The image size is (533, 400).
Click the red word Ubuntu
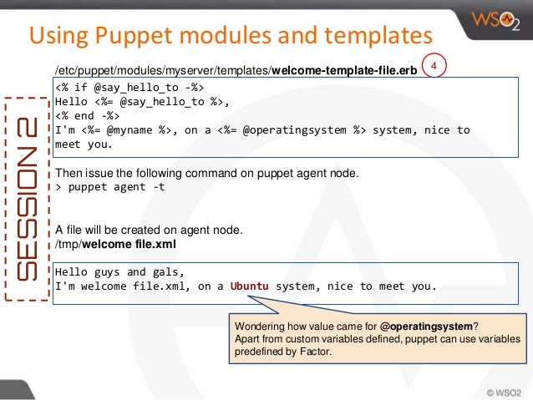point(250,286)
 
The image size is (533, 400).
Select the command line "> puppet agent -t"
point(109,186)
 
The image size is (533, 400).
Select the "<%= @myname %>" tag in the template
point(124,129)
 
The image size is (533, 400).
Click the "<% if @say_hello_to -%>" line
point(129,87)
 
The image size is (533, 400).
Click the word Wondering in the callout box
point(262,326)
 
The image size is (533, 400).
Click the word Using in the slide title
point(57,35)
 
